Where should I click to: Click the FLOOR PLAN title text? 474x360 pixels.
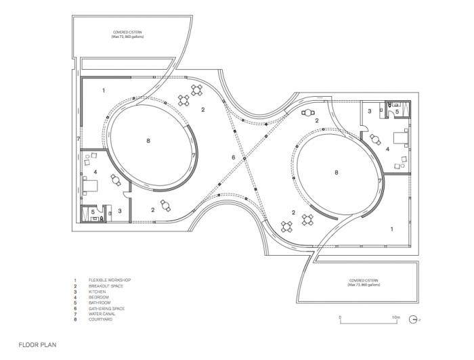38,344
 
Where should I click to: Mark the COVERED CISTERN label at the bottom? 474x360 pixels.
363,282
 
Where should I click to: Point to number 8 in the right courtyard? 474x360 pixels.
336,173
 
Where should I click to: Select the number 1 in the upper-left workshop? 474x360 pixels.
104,89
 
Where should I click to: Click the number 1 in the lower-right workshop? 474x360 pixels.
391,230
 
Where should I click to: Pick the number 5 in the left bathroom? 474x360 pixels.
93,212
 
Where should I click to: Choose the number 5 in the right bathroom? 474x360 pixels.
397,111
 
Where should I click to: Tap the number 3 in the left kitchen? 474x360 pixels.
120,212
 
